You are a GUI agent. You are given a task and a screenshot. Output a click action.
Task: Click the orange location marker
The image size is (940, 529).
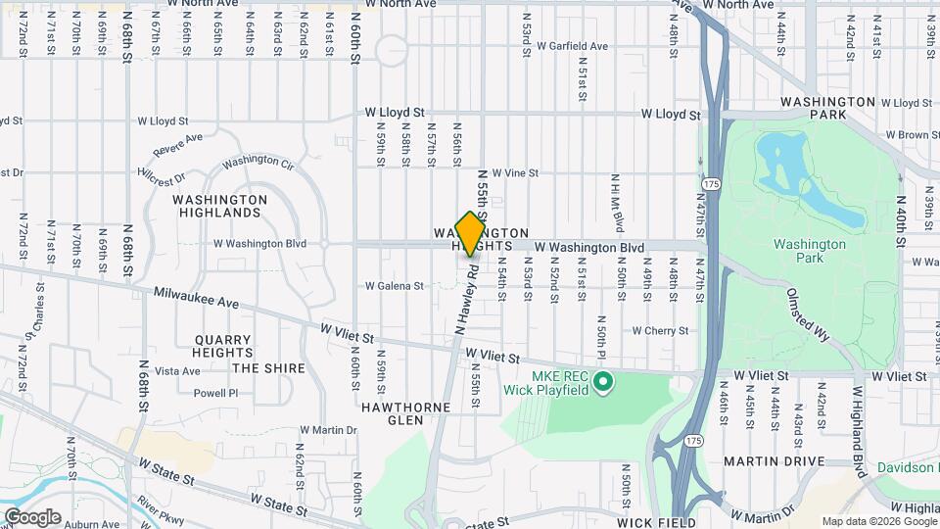click(470, 233)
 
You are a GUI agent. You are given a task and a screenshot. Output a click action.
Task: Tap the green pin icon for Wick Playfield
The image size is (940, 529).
click(603, 381)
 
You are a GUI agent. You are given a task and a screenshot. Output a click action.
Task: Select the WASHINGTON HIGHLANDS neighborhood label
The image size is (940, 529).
click(219, 206)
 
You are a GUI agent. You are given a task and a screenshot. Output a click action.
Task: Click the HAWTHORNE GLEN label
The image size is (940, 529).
click(393, 412)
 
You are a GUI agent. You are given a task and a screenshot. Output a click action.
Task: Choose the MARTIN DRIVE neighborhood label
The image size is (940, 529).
click(770, 460)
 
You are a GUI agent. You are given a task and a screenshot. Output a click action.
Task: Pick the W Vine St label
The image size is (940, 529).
click(515, 172)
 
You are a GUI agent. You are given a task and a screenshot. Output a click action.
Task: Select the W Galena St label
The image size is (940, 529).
click(394, 286)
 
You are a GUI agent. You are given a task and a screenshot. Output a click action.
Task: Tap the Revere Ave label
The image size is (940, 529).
click(177, 144)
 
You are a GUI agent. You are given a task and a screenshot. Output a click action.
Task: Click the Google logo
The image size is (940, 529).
click(32, 517)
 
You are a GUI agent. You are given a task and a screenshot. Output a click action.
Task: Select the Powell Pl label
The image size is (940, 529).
click(215, 393)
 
